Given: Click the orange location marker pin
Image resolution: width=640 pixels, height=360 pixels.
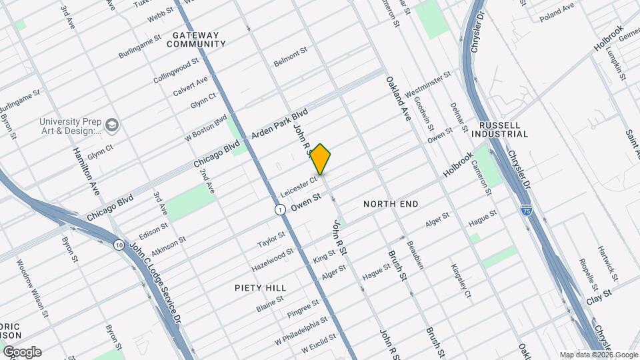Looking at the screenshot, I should click(321, 159).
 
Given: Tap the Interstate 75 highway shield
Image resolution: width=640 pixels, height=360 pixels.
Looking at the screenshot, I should click(527, 210).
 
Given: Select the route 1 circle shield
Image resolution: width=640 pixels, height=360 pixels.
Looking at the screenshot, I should click(280, 210).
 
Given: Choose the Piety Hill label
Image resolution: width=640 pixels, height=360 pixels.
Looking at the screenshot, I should click(261, 288).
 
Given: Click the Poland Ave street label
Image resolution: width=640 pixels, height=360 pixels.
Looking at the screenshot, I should click(557, 9).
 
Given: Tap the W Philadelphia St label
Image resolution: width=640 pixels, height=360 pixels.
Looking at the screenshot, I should click(301, 329).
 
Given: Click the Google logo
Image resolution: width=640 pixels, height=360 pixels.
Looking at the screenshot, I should click(22, 351).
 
